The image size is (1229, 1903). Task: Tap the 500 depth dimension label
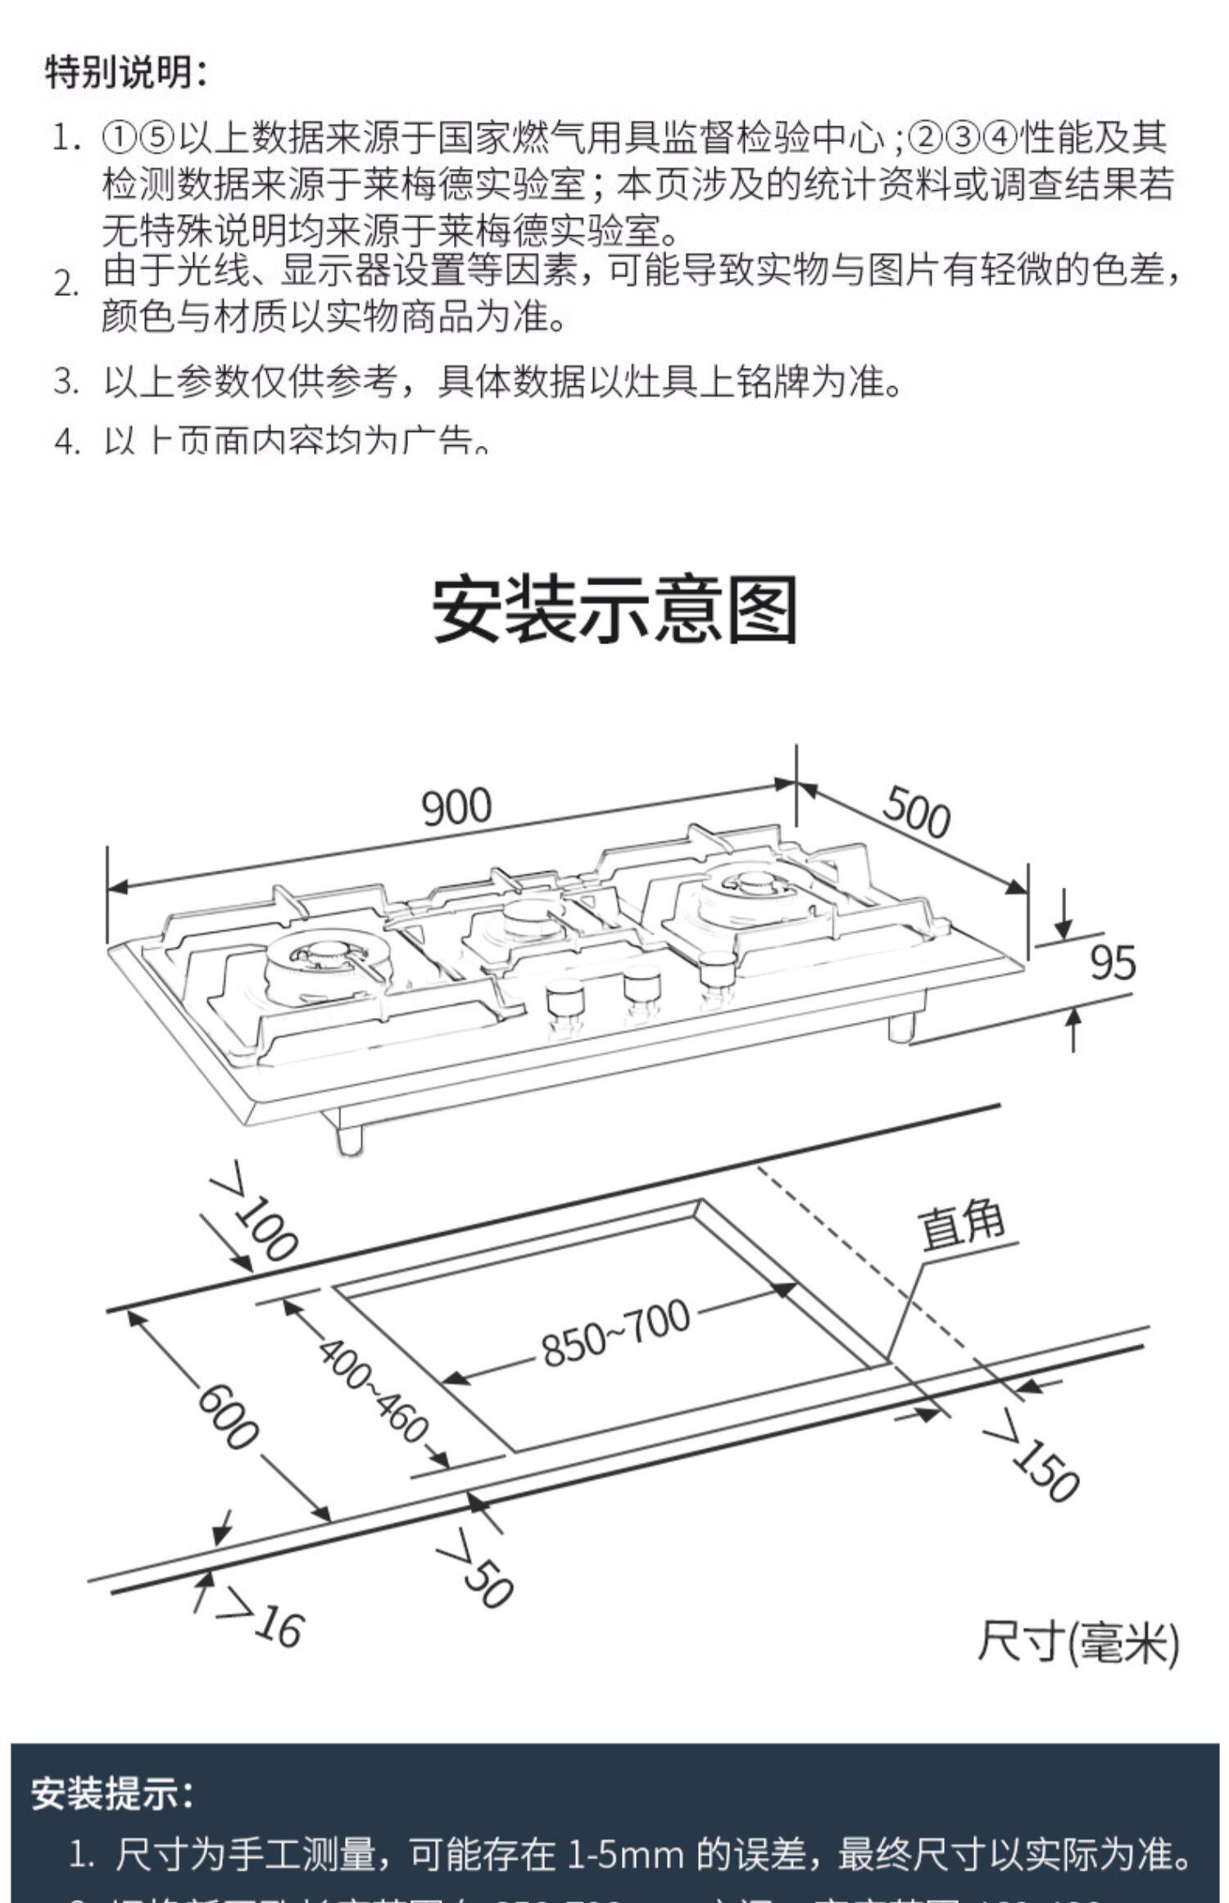[x=916, y=811]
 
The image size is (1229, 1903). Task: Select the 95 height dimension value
[x=1113, y=962]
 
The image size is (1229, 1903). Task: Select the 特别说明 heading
[x=127, y=72]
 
